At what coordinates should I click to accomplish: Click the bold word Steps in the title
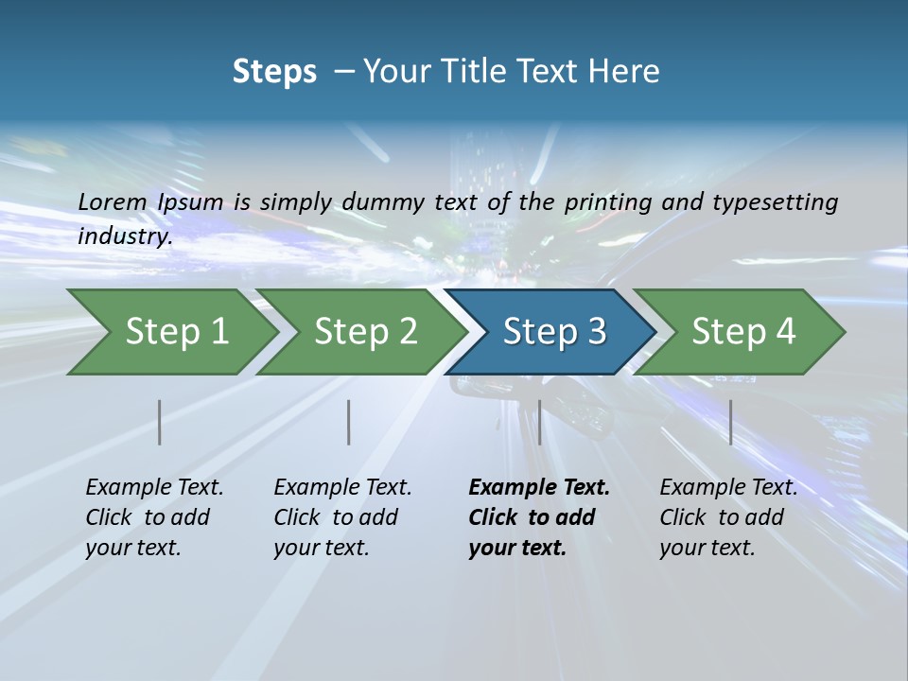(x=274, y=72)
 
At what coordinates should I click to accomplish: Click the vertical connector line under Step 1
(x=160, y=422)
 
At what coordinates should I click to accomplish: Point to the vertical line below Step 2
(x=349, y=422)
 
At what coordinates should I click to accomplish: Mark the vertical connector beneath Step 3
(x=539, y=422)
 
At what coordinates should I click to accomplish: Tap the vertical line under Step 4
(x=731, y=422)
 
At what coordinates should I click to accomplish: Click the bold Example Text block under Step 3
(x=538, y=517)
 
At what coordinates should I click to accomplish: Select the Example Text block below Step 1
(x=154, y=517)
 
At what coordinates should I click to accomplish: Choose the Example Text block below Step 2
(x=342, y=517)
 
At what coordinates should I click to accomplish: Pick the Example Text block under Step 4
(x=728, y=517)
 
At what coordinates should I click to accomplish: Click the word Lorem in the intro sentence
(x=113, y=201)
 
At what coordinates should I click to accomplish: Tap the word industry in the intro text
(x=124, y=236)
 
